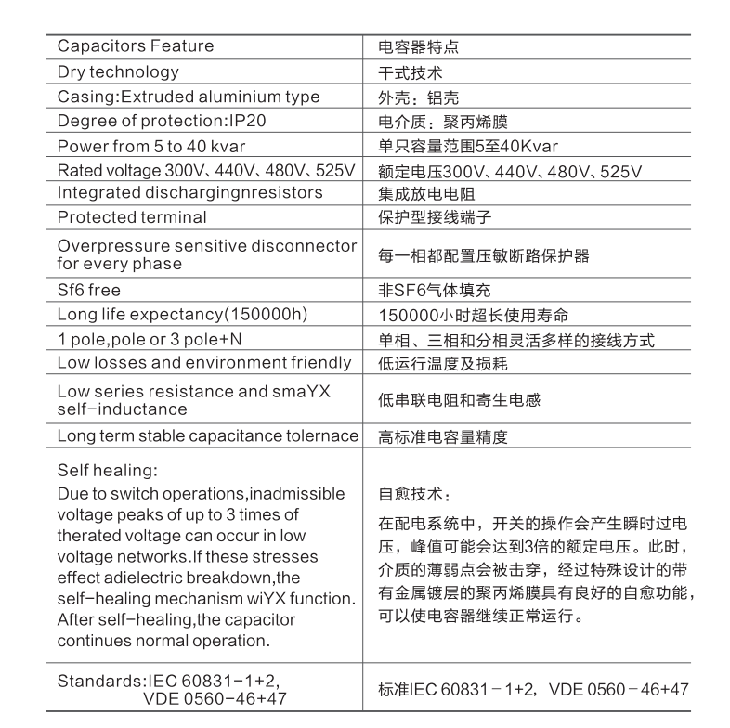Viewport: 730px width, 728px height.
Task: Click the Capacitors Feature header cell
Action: [136, 46]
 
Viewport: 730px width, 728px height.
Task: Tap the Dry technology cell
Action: [118, 71]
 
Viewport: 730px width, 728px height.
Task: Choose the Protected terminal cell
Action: [132, 217]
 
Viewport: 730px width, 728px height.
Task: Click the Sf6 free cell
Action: [89, 290]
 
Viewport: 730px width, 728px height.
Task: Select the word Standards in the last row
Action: [97, 680]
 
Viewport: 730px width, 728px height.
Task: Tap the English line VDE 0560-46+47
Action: [215, 697]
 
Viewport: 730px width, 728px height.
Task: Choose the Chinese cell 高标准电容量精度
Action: [443, 436]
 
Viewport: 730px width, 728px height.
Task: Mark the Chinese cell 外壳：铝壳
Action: [419, 97]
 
